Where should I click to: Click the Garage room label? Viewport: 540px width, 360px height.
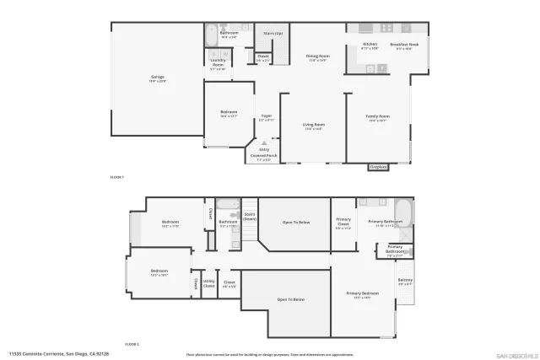pos(158,79)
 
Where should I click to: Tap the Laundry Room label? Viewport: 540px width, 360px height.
pos(217,67)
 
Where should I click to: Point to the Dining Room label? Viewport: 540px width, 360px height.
pos(317,58)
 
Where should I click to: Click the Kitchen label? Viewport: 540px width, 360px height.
pos(370,46)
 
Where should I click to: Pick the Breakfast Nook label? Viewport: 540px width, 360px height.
pos(403,46)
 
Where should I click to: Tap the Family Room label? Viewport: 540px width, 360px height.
pos(377,118)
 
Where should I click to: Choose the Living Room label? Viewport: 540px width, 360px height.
pos(314,126)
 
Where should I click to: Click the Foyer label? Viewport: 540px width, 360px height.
pos(266,118)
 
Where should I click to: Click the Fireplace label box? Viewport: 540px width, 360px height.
pos(379,167)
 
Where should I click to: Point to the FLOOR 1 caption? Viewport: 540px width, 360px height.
pos(117,178)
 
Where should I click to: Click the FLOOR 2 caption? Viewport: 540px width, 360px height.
pos(132,344)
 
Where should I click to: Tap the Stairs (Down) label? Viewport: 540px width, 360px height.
pos(250,217)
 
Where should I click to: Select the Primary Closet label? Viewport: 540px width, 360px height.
pos(343,225)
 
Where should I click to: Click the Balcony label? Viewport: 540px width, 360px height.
pos(405,282)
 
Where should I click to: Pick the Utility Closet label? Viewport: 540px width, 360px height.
pos(209,284)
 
